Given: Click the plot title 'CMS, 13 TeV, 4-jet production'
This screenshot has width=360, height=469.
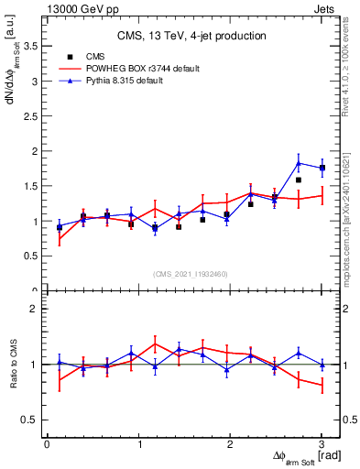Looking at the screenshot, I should [x=191, y=36].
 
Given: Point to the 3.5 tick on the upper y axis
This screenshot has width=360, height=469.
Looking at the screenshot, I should [x=31, y=46].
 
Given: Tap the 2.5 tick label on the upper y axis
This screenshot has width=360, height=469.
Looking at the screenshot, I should [x=31, y=116].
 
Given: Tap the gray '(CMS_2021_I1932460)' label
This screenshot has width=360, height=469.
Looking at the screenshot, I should [x=191, y=273].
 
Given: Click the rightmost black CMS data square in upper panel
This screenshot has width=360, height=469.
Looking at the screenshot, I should [x=322, y=169].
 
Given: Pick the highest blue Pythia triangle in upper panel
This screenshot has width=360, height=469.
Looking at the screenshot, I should [x=299, y=163].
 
